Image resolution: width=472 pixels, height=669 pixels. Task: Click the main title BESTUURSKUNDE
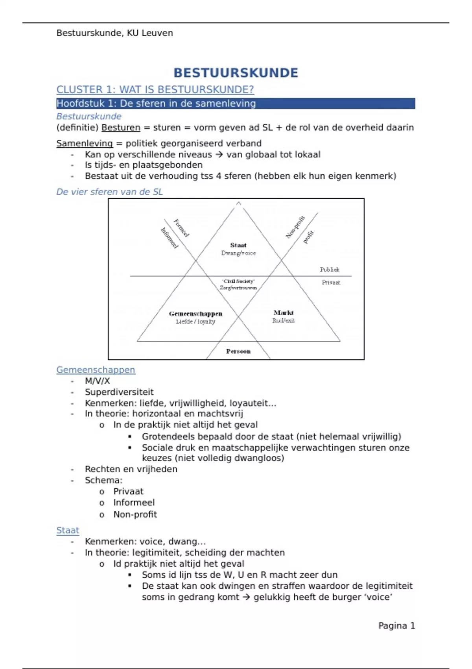(x=236, y=73)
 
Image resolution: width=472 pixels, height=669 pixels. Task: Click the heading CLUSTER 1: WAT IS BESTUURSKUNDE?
(x=155, y=90)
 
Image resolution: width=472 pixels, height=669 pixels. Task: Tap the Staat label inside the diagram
(x=238, y=245)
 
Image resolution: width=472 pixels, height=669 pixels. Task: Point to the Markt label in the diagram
(x=284, y=312)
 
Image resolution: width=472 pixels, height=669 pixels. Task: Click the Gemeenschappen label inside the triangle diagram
(x=195, y=314)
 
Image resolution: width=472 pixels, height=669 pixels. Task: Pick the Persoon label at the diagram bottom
(x=238, y=351)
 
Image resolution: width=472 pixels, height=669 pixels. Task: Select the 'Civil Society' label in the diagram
(x=238, y=281)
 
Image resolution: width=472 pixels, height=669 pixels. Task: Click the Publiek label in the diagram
(x=330, y=270)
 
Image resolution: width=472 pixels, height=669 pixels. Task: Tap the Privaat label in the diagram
(x=331, y=283)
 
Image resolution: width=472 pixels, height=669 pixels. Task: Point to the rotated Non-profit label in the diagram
(x=295, y=227)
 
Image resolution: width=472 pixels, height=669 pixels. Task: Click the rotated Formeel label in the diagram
(x=181, y=228)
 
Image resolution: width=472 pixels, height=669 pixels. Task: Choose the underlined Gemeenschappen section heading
(x=96, y=370)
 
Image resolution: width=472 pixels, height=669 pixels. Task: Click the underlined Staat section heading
(x=68, y=530)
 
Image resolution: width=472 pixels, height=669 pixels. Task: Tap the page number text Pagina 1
(x=396, y=626)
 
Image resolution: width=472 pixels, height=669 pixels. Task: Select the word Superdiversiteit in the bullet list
(x=119, y=392)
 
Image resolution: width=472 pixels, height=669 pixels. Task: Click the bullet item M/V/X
(x=97, y=381)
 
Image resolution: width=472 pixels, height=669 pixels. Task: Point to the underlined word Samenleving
(x=85, y=143)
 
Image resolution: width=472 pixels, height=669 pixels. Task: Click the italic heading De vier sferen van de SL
(x=109, y=192)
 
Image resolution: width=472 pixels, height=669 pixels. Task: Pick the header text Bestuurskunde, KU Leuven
(x=114, y=33)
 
